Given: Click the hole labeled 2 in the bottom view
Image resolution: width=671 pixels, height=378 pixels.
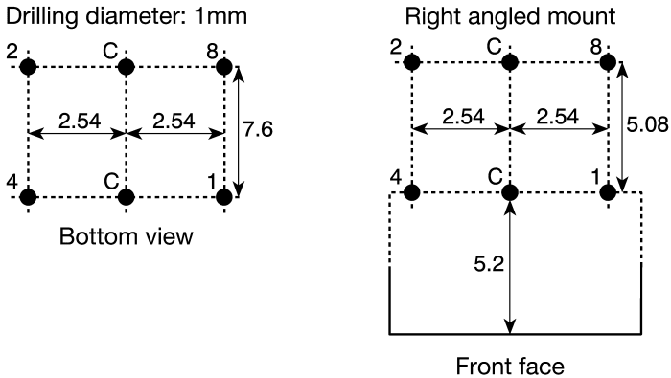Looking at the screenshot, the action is [x=28, y=67].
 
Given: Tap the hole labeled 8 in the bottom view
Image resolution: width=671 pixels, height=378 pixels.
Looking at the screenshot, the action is [x=224, y=67].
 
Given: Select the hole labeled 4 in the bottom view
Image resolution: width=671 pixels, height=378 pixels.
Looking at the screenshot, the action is [x=28, y=197].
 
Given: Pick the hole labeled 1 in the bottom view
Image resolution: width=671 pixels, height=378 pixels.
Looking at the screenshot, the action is [x=224, y=197].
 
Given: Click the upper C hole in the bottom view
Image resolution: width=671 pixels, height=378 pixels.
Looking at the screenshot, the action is [x=127, y=67].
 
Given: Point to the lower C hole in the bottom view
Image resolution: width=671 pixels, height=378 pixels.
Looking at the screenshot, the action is [x=127, y=197].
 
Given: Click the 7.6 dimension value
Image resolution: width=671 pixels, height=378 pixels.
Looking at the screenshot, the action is [x=258, y=129].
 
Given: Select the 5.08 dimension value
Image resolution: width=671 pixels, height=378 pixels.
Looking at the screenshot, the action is [x=647, y=124].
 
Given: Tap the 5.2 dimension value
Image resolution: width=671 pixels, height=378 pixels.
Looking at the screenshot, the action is [x=489, y=264].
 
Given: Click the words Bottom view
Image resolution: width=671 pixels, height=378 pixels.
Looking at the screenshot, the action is [x=127, y=236].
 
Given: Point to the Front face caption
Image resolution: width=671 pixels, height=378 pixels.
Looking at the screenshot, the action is [x=510, y=367].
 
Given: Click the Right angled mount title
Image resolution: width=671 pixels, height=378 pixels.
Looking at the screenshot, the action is [x=510, y=17].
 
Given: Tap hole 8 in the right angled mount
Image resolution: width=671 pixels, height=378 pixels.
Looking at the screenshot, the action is [x=608, y=63].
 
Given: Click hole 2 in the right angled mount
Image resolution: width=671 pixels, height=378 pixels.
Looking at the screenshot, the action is [x=412, y=63].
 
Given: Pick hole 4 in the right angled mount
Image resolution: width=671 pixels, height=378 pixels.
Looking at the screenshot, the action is [x=412, y=192].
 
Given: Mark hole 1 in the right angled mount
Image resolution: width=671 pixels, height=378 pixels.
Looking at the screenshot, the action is [x=608, y=192].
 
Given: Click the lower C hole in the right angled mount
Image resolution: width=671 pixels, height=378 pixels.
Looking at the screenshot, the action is [x=510, y=192].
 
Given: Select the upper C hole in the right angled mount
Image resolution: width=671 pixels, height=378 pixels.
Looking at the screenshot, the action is [x=510, y=63].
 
